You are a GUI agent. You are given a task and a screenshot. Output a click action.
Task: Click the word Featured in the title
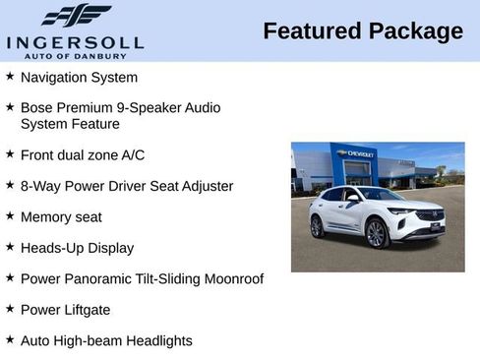point(312,31)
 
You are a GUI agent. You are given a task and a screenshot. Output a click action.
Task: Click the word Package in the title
point(415,31)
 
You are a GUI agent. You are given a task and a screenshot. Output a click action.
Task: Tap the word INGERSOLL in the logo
point(75,42)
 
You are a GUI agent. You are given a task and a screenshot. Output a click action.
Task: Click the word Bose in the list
point(36,107)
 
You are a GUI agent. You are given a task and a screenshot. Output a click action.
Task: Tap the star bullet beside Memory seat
point(10,215)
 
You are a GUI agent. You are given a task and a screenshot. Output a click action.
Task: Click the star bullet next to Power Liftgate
point(10,309)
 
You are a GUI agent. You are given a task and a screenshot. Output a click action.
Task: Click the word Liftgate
point(87,310)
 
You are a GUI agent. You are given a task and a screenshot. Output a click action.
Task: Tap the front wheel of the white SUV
point(377,233)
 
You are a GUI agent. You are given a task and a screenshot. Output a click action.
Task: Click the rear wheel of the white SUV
point(317,226)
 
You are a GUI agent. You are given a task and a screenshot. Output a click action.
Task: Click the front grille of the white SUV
point(429,216)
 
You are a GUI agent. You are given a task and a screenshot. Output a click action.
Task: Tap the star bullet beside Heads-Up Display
point(10,247)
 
